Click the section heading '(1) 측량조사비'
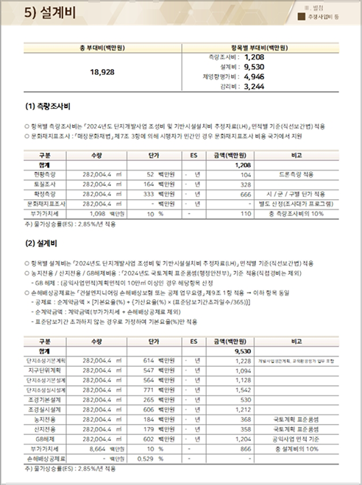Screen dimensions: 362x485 [x=50, y=110]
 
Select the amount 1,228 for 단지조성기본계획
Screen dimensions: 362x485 [x=243, y=361]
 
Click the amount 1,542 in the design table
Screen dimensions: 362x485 [x=243, y=389]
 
